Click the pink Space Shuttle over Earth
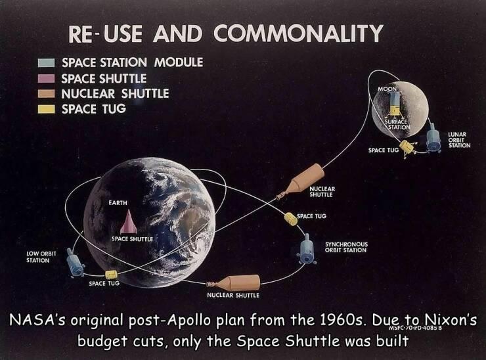129,222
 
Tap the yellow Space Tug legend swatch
46,109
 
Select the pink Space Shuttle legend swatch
46,78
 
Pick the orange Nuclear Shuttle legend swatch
46,94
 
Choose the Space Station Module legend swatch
46,63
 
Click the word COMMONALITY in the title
298,34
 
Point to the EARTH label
118,203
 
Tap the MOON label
387,89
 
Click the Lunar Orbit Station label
459,140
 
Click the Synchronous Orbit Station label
346,247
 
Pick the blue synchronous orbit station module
307,249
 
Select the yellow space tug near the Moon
407,148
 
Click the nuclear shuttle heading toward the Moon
301,181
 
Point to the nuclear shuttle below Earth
233,282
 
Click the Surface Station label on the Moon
397,124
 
